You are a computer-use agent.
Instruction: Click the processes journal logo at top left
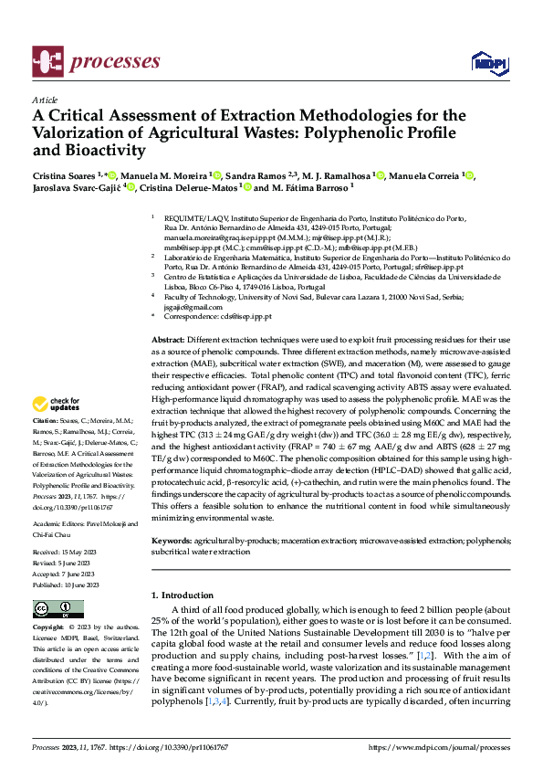[96, 61]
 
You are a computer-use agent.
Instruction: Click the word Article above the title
[45, 99]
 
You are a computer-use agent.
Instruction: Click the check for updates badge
[57, 404]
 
